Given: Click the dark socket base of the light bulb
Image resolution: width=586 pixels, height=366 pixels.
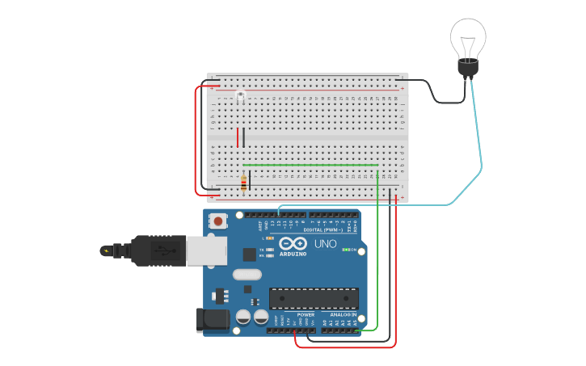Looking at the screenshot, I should [468, 68].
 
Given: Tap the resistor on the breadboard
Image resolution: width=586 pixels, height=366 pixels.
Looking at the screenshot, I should [243, 184].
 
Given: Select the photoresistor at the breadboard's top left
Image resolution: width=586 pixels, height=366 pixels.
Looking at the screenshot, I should [240, 97].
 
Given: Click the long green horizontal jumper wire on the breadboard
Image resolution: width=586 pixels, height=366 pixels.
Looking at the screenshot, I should [310, 166].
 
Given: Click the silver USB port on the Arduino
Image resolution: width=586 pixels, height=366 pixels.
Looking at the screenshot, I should [206, 250].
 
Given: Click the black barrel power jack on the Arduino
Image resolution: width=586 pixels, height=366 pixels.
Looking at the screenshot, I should [213, 319].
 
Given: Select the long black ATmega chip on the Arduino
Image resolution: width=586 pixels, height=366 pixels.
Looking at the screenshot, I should [313, 297].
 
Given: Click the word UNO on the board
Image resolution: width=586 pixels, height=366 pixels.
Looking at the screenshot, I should [325, 243].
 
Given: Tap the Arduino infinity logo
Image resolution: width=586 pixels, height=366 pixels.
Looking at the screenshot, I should [292, 243].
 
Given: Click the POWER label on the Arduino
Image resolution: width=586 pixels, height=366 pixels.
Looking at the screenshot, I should [306, 314].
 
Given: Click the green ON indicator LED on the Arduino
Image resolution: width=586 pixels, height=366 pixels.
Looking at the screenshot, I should [345, 250].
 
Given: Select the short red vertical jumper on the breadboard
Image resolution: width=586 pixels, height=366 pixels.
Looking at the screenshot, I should [238, 137].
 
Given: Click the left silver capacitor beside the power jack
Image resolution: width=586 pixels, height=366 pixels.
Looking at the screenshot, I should [243, 317].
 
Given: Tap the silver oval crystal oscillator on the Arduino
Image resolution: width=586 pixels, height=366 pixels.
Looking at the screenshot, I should [247, 274].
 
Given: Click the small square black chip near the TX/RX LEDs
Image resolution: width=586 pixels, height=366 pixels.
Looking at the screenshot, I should [249, 254].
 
